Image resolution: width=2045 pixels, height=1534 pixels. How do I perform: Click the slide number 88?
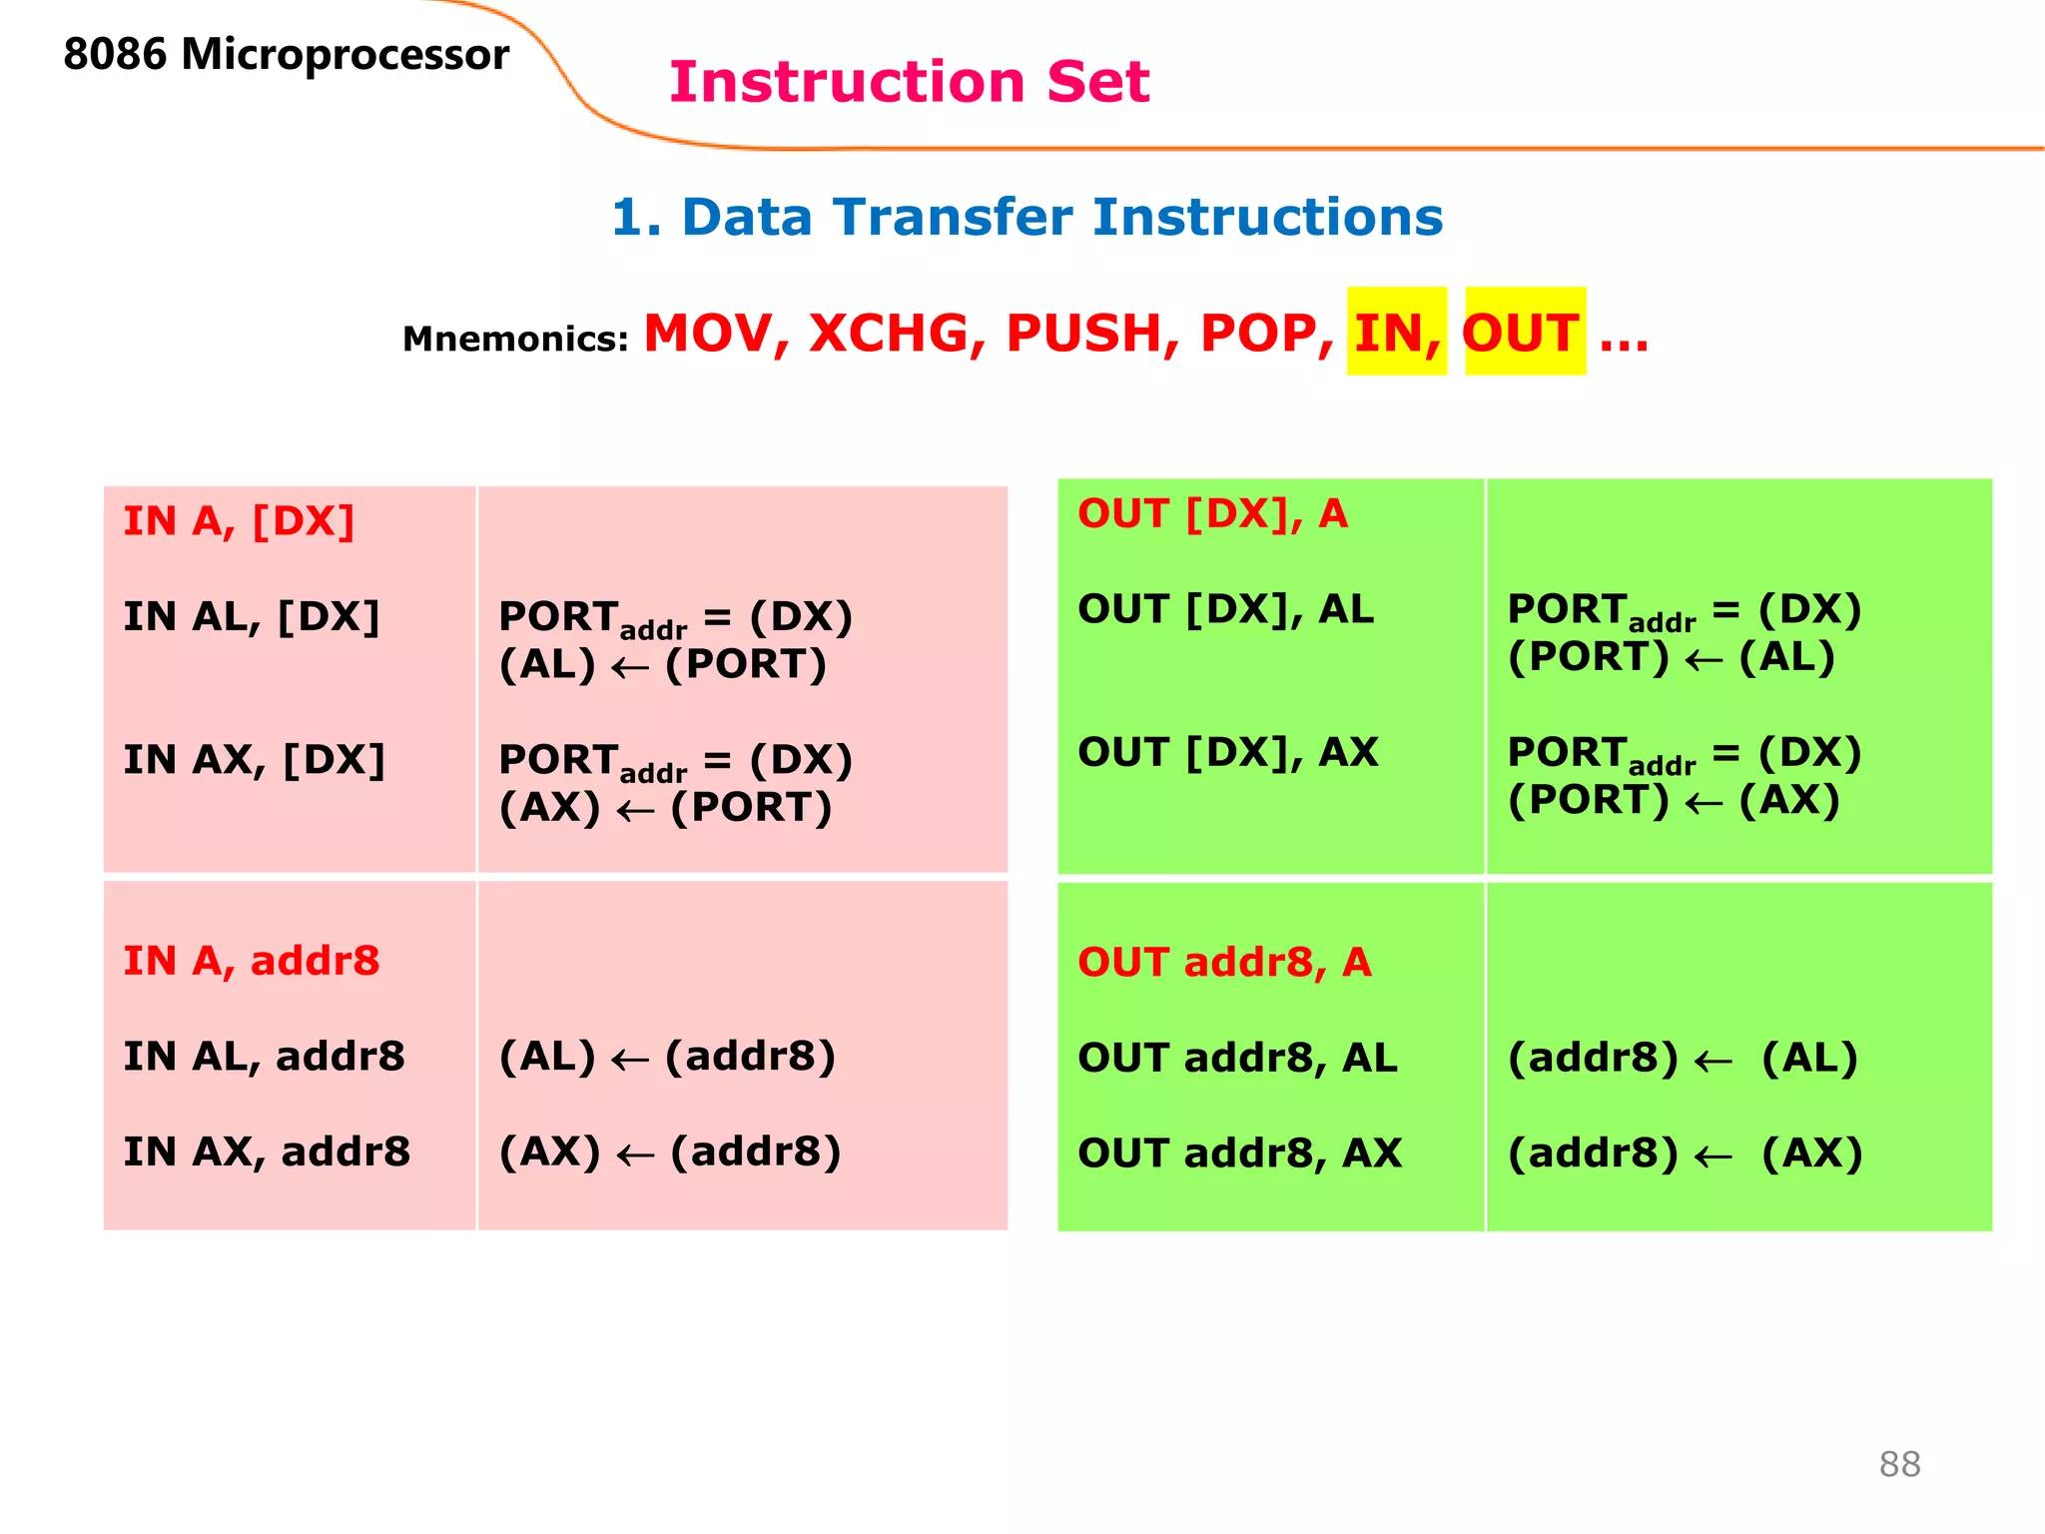(1898, 1464)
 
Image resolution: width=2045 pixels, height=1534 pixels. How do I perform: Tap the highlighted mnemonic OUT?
(1521, 333)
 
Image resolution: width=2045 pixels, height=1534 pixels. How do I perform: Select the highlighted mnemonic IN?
(1395, 333)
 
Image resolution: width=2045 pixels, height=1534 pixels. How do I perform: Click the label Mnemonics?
(514, 340)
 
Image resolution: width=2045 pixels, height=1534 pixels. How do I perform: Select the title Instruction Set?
(909, 82)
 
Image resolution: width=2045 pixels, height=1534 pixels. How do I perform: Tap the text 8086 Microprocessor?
(286, 54)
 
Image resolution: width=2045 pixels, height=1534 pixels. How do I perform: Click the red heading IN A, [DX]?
(239, 521)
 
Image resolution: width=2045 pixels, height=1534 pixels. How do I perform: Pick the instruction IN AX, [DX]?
(254, 760)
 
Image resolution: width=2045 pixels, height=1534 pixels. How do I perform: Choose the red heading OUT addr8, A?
(1224, 963)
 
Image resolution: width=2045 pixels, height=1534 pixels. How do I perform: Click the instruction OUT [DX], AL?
(1225, 609)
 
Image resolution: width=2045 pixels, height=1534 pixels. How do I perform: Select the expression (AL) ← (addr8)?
(667, 1057)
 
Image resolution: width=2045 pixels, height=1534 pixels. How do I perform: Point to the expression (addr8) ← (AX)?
(1685, 1153)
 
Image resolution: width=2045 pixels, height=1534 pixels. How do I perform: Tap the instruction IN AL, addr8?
(264, 1057)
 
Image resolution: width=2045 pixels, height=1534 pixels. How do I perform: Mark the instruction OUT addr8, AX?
(1239, 1153)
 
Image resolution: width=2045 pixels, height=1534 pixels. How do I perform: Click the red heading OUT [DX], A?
(1212, 514)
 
